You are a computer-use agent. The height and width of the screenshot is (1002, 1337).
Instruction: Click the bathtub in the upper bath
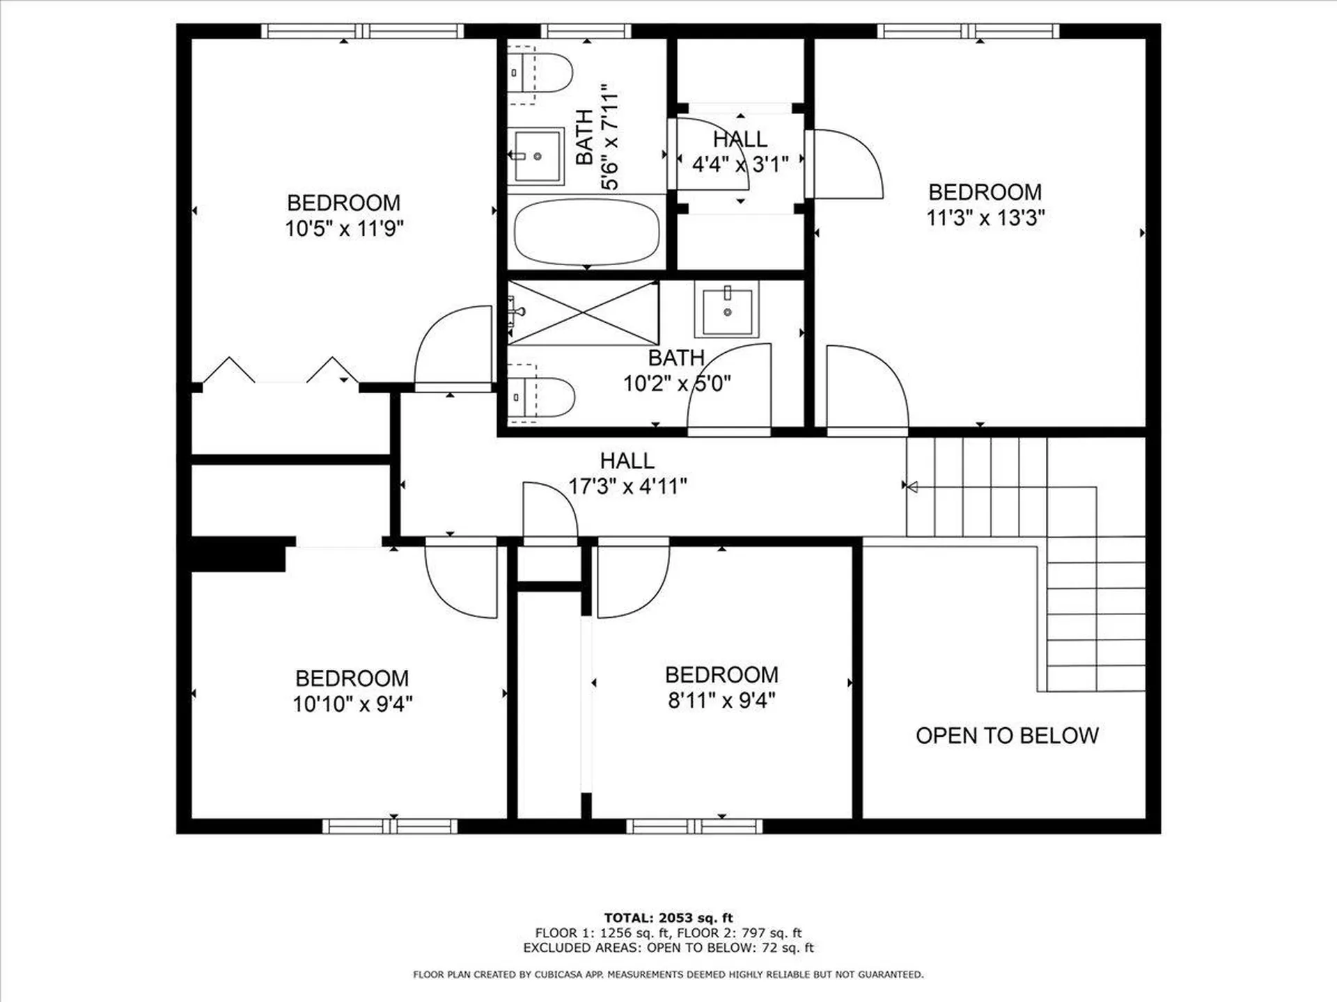(586, 232)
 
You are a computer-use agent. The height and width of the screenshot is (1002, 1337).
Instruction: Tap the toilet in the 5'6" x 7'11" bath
(540, 72)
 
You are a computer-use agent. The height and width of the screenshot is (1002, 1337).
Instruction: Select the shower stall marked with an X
(584, 312)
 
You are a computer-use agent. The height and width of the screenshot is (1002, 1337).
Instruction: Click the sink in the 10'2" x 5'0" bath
(727, 310)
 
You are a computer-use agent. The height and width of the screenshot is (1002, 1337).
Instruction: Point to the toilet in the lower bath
(541, 397)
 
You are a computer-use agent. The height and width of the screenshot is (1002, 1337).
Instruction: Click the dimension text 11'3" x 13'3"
(985, 218)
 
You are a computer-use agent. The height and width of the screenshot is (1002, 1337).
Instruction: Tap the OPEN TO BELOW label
(1006, 735)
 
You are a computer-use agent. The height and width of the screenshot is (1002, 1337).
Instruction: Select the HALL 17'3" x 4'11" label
(627, 474)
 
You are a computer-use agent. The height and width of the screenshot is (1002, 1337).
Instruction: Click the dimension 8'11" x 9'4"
(721, 700)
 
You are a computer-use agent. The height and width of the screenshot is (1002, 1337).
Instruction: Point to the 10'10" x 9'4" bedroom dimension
(352, 703)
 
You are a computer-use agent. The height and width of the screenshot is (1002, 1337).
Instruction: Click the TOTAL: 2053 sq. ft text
(668, 918)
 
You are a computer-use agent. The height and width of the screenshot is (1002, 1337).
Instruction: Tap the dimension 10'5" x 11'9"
(344, 228)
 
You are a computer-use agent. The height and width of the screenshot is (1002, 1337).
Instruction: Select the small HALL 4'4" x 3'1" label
(740, 152)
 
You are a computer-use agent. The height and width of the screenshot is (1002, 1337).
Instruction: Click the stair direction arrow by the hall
(910, 486)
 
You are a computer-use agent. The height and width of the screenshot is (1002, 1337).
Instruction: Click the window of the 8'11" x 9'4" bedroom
(694, 826)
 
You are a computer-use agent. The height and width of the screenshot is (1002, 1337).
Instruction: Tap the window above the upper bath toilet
(586, 31)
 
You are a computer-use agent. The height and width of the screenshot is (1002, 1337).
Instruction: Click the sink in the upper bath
(535, 156)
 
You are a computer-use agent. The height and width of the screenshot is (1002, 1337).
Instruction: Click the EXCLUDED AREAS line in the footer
(668, 948)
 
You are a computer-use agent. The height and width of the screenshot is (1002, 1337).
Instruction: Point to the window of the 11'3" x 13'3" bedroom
(968, 31)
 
